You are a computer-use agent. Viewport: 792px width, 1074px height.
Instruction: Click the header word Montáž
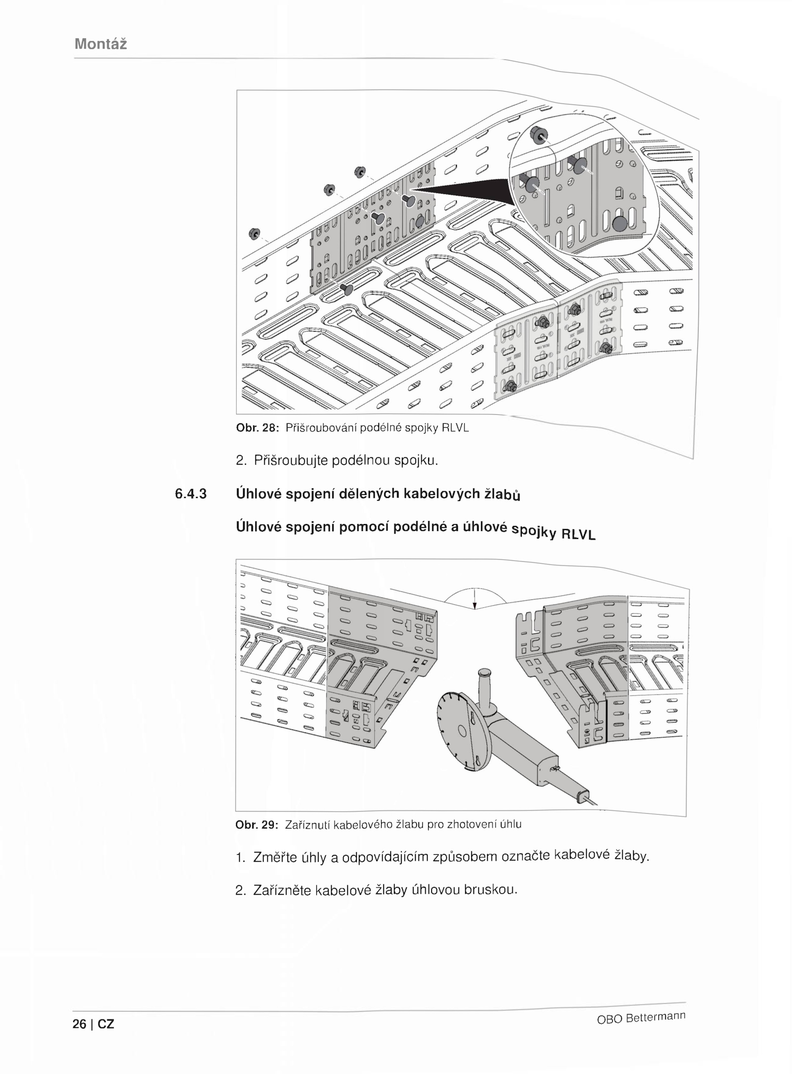[x=100, y=44]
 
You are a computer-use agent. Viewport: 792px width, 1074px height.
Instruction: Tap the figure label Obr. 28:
[x=258, y=428]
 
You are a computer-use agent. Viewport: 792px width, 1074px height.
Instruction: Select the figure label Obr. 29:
[x=257, y=825]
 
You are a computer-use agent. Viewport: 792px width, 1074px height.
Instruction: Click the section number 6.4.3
[x=191, y=493]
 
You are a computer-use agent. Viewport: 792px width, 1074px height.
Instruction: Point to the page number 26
[x=79, y=1024]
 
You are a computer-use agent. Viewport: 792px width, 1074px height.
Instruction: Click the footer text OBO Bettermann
[x=641, y=1017]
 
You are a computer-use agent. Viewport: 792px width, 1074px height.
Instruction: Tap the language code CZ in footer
[x=106, y=1024]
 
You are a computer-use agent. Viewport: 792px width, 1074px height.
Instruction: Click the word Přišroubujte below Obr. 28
[x=290, y=461]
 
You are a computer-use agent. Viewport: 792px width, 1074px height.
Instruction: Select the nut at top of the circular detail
[x=538, y=134]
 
